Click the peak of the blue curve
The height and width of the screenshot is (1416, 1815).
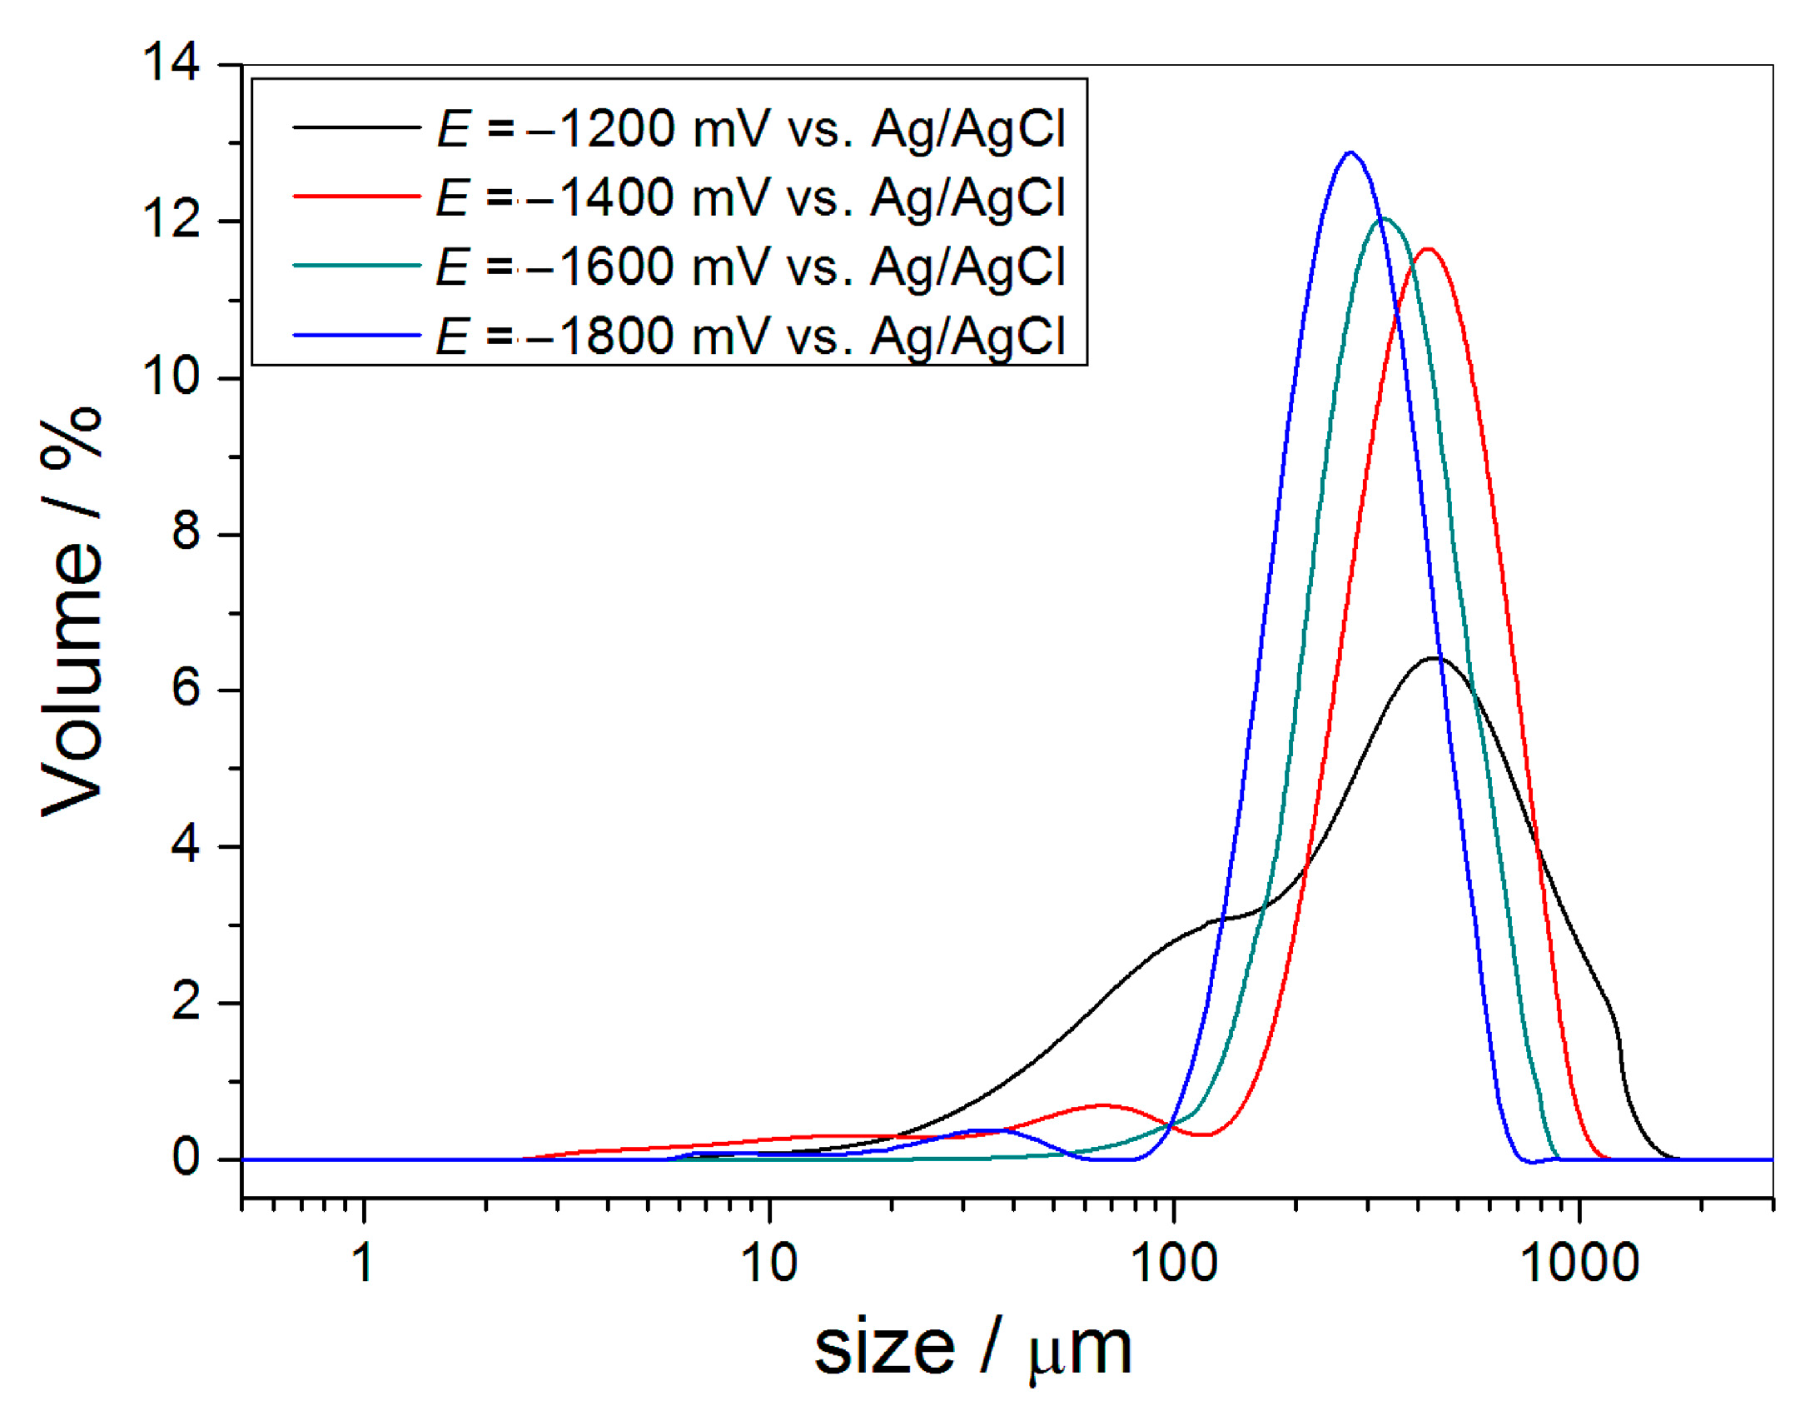click(1350, 152)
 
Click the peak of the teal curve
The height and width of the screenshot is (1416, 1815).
click(1383, 219)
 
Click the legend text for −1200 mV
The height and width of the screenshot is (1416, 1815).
click(750, 129)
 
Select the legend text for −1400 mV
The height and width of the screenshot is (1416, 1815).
click(750, 198)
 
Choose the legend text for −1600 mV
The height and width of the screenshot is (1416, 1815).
click(750, 267)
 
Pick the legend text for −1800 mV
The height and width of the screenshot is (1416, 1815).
click(750, 337)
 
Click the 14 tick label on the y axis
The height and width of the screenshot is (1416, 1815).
click(172, 62)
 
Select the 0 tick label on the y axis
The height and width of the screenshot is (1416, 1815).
click(186, 1157)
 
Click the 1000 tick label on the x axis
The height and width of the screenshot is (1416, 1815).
click(1579, 1263)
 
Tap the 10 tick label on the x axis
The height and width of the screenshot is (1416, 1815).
click(768, 1263)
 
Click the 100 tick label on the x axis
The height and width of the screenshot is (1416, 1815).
click(1173, 1263)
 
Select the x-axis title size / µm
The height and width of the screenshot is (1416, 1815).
click(972, 1349)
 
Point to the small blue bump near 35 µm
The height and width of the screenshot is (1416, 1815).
click(991, 1130)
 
